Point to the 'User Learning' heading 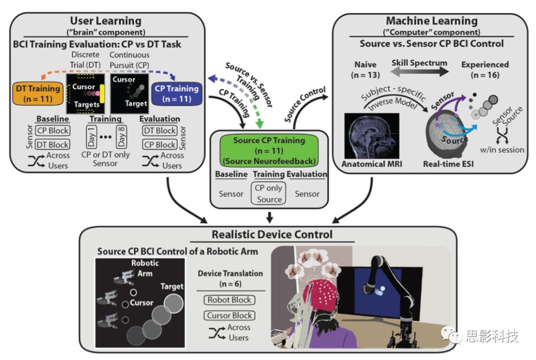[x=105, y=21]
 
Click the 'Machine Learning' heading [x=431, y=21]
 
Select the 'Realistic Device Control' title [x=272, y=234]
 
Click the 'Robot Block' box [x=229, y=300]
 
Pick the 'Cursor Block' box [x=229, y=315]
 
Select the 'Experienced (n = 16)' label [x=485, y=70]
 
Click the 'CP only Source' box [x=269, y=194]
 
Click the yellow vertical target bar [x=102, y=94]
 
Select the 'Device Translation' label [x=231, y=274]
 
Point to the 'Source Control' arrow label [x=304, y=106]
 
